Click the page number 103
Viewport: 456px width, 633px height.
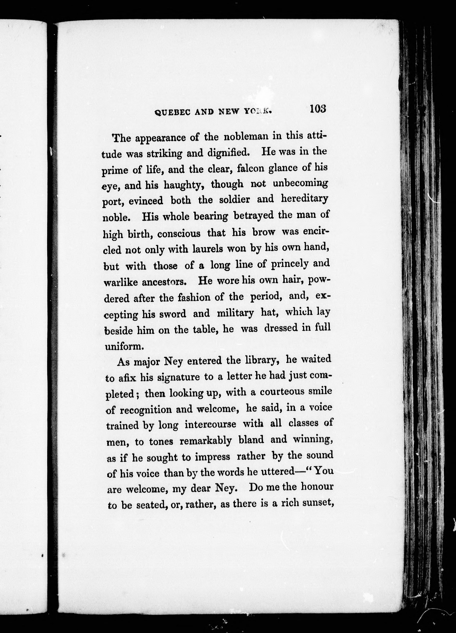317,109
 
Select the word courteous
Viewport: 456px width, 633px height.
284,392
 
